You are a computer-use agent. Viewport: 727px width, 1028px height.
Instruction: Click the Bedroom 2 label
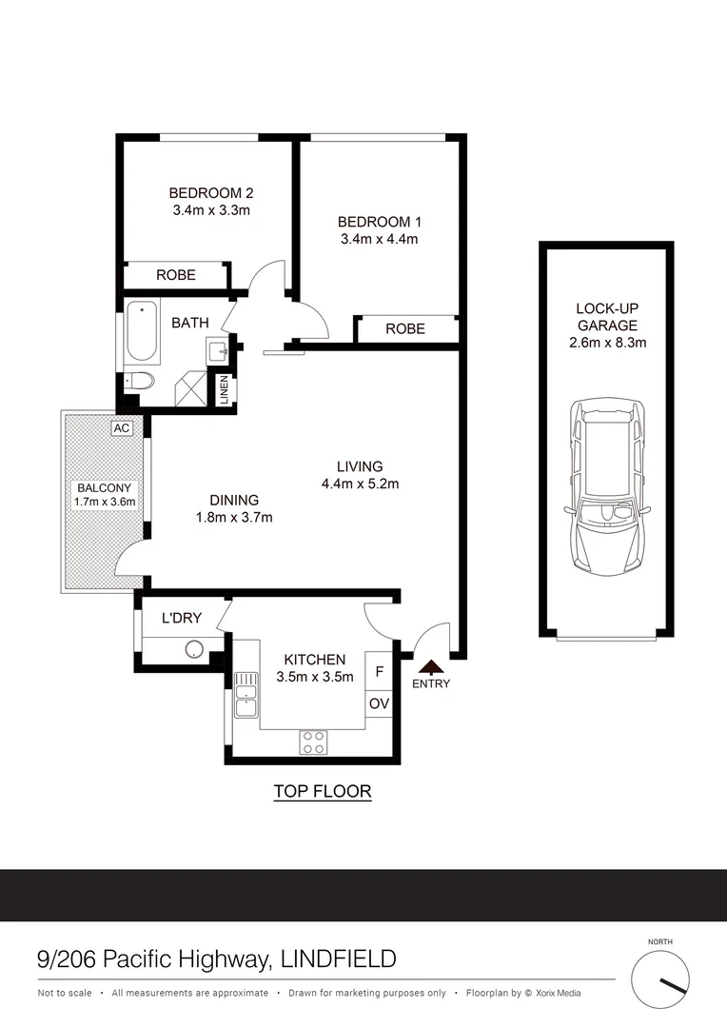pyautogui.click(x=211, y=190)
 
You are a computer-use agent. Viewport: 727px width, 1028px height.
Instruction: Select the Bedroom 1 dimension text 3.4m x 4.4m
pyautogui.click(x=379, y=239)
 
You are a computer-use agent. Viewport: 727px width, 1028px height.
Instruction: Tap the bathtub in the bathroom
pyautogui.click(x=142, y=332)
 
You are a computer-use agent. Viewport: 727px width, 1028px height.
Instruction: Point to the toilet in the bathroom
pyautogui.click(x=140, y=383)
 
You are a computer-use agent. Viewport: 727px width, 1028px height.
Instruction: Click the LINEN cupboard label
pyautogui.click(x=225, y=391)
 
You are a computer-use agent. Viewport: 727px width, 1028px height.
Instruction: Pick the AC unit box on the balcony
pyautogui.click(x=121, y=428)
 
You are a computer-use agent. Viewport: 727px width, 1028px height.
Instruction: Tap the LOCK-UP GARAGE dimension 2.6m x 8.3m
pyautogui.click(x=607, y=343)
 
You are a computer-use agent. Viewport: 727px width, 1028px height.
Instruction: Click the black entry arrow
pyautogui.click(x=431, y=667)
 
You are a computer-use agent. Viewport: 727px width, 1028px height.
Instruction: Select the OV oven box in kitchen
pyautogui.click(x=379, y=703)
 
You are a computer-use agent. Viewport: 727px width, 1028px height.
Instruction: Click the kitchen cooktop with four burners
pyautogui.click(x=314, y=741)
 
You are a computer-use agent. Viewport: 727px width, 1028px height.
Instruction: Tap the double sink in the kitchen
pyautogui.click(x=246, y=694)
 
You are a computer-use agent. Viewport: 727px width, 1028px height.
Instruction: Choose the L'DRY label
pyautogui.click(x=181, y=618)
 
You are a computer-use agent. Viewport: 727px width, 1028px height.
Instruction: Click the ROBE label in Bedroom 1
pyautogui.click(x=404, y=328)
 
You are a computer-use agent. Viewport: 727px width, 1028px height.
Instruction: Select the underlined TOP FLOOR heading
pyautogui.click(x=322, y=791)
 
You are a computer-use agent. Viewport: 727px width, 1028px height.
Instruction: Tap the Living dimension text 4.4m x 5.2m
pyautogui.click(x=360, y=484)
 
